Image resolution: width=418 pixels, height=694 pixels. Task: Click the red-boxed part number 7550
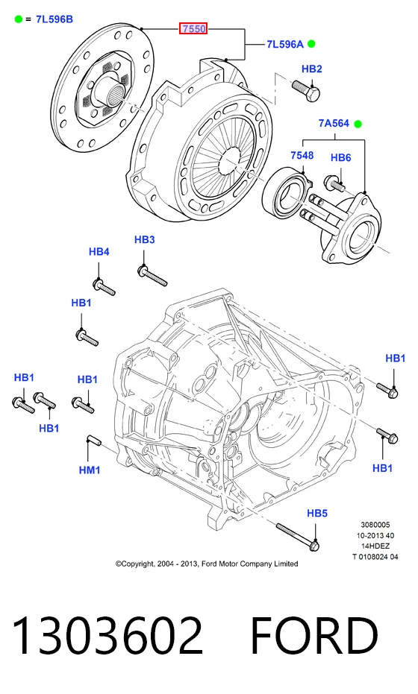(x=193, y=29)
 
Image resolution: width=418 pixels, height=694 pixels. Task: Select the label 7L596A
(x=285, y=44)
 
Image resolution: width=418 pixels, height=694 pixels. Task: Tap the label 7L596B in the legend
(x=54, y=19)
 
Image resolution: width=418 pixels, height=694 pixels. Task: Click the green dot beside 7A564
(x=358, y=124)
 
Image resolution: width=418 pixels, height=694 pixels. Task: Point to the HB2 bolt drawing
(x=306, y=90)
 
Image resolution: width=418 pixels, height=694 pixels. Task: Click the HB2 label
(x=311, y=69)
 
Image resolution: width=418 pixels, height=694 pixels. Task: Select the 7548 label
(x=302, y=155)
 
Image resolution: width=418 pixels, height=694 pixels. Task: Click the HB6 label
(x=341, y=157)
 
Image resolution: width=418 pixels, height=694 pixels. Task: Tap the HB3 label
(x=145, y=240)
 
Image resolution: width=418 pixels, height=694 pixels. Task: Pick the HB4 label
(x=99, y=252)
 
